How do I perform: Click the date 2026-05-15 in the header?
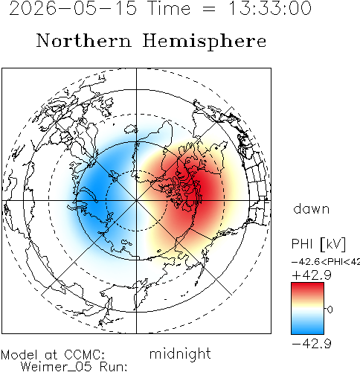coord(73,8)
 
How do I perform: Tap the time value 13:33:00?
coord(269,8)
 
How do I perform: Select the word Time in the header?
coord(169,8)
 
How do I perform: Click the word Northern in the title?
coord(84,40)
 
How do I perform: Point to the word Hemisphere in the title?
coord(205,42)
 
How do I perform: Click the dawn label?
coord(311,209)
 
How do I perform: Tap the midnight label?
coord(180,354)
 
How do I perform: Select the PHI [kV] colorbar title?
coord(318,244)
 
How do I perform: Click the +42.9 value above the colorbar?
coord(312,275)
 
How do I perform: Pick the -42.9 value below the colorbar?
coord(312,344)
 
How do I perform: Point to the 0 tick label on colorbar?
coord(330,310)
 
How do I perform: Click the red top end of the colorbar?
coord(307,285)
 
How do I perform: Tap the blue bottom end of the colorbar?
coord(307,331)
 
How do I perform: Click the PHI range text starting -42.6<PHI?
coord(326,262)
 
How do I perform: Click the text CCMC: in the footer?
coord(84,355)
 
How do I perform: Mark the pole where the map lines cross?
coord(136,200)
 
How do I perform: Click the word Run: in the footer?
coord(114,367)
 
